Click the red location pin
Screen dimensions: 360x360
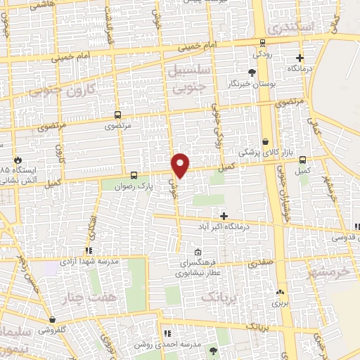(x=181, y=165)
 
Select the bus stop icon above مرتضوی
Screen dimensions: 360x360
(x=117, y=115)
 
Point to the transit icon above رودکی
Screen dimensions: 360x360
(x=262, y=42)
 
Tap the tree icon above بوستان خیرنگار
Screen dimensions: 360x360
(x=252, y=72)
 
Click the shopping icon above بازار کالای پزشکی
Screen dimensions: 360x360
(x=266, y=141)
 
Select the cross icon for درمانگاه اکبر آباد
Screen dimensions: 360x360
(x=224, y=216)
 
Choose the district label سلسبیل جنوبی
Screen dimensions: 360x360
(x=186, y=77)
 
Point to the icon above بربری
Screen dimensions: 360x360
(x=281, y=292)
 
